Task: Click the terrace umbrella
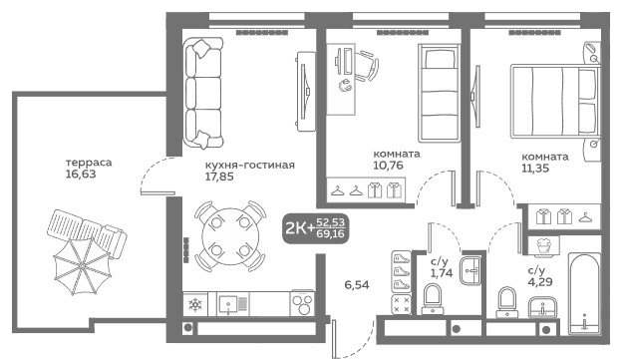83,265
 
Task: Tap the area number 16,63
81,174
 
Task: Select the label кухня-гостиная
250,165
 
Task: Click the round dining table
230,236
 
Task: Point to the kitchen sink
233,304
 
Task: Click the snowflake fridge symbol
195,305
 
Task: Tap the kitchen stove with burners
302,304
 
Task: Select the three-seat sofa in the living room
202,93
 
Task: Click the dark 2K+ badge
315,229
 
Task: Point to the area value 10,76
388,165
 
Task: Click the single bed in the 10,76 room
439,93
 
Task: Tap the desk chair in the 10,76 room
367,66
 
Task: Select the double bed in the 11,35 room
555,102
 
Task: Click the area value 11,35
535,169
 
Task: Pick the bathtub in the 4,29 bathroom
584,293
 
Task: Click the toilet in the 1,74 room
432,299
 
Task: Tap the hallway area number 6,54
357,285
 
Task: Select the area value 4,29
539,282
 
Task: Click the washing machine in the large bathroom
543,245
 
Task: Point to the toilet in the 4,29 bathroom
507,302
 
